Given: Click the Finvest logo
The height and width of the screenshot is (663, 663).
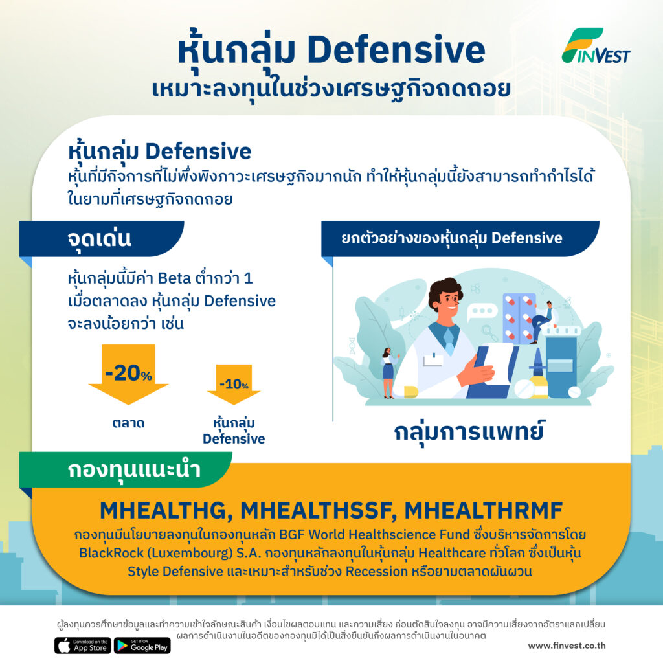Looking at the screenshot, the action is tap(596, 46).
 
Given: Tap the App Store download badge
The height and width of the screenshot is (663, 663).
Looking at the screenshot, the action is tap(83, 646).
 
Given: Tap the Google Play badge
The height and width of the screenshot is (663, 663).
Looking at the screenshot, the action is tap(142, 646).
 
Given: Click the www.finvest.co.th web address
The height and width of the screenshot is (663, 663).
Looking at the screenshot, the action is tap(567, 646).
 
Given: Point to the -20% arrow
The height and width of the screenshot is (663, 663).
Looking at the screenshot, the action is tap(128, 374).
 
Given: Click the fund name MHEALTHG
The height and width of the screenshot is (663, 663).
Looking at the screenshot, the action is tap(166, 510).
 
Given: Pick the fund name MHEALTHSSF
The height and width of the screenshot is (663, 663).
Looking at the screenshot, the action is tap(319, 510).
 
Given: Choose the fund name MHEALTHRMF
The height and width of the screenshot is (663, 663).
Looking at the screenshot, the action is tap(484, 510).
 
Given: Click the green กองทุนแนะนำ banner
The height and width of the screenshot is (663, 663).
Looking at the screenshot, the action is tap(126, 470).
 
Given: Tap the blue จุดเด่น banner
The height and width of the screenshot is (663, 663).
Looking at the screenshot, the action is tap(102, 238).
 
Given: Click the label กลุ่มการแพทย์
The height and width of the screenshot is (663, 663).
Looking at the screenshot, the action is tap(469, 432).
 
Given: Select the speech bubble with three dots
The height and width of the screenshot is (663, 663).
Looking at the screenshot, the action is tap(482, 311).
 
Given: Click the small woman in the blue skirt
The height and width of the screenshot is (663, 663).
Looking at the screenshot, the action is tap(388, 373).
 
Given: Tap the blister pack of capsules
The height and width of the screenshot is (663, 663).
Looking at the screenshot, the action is tap(519, 317).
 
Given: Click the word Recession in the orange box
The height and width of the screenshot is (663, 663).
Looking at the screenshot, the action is tap(377, 571).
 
